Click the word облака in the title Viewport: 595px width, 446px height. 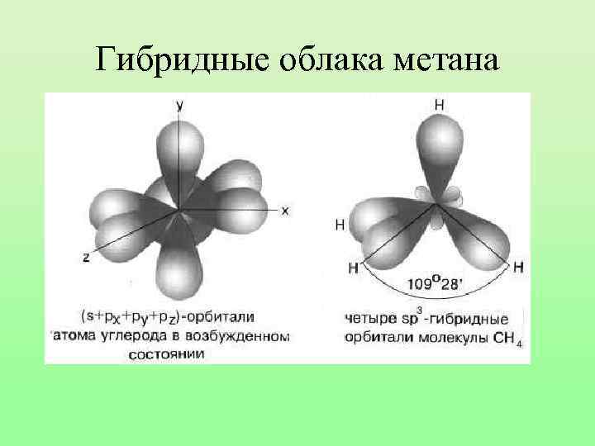tap(326, 59)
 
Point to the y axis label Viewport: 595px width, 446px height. tap(179, 104)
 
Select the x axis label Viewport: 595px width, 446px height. tap(284, 211)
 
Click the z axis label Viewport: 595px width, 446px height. tap(86, 258)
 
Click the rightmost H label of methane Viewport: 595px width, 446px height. tap(518, 267)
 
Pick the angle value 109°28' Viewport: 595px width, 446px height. tap(435, 285)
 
